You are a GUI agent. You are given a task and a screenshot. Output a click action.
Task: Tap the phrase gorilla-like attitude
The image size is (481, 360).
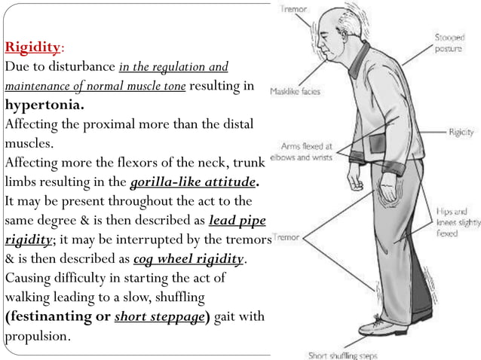[x=193, y=182]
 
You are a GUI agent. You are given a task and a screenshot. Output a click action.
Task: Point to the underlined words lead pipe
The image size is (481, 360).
[x=237, y=221]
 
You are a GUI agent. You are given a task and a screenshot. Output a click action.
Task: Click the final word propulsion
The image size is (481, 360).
[x=38, y=336]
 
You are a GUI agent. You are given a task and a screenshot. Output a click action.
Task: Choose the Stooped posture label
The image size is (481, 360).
[x=449, y=41]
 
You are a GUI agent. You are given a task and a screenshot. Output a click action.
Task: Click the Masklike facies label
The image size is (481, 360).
[x=295, y=92]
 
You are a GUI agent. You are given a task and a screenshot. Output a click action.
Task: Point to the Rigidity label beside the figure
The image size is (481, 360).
[x=461, y=131]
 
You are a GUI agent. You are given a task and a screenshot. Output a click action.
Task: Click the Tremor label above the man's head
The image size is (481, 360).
[x=294, y=10]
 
